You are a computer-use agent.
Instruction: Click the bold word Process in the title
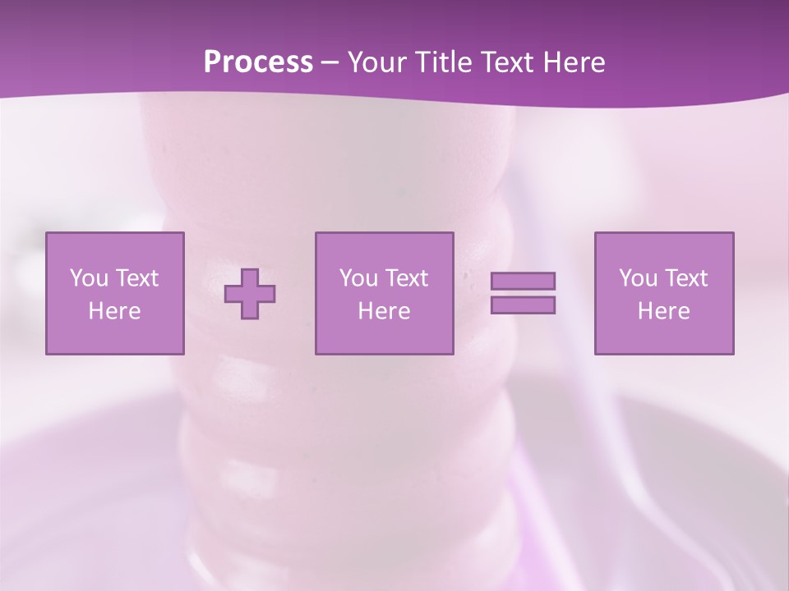click(x=258, y=62)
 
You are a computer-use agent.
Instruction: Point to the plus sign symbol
click(x=250, y=293)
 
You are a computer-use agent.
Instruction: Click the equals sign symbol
click(x=523, y=293)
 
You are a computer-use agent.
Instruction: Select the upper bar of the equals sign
click(x=523, y=282)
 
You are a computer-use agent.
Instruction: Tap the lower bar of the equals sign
click(x=523, y=305)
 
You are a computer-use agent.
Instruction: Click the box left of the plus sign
click(x=114, y=293)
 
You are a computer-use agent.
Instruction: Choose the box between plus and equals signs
click(x=384, y=293)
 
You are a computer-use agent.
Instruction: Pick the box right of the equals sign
click(x=663, y=293)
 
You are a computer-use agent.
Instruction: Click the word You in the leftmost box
click(x=89, y=278)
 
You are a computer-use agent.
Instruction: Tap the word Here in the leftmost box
click(x=114, y=311)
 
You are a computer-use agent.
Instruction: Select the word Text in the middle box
click(x=406, y=278)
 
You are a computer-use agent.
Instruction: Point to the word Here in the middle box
click(x=384, y=311)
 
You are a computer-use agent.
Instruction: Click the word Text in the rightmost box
click(x=685, y=278)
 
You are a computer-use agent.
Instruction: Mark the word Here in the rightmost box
click(x=663, y=311)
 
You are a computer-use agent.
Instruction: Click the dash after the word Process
click(x=330, y=62)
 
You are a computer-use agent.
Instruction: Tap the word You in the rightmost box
click(x=638, y=278)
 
